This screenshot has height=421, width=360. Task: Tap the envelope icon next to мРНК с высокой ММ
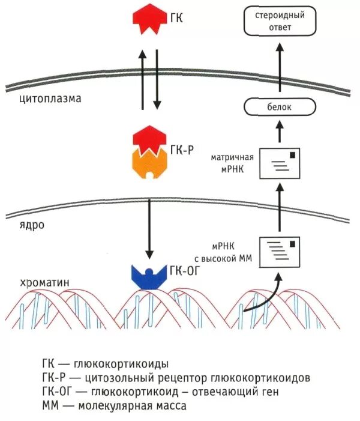tap(279, 252)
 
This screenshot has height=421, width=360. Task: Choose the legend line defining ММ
tap(114, 405)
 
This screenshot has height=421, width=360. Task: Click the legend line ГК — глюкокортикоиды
tap(105, 364)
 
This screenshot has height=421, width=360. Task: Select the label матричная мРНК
tap(233, 163)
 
